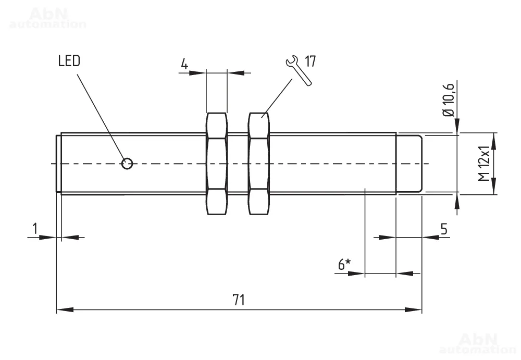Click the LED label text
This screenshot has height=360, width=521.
[69, 61]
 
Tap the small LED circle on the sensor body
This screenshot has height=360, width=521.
[127, 164]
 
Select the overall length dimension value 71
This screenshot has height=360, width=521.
[239, 300]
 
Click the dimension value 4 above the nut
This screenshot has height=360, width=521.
[184, 65]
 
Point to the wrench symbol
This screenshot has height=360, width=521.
[299, 71]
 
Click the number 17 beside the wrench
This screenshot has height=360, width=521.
[311, 61]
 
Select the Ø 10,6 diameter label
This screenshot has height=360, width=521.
[449, 99]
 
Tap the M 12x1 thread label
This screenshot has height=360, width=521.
[484, 164]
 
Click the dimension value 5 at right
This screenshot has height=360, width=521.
[444, 229]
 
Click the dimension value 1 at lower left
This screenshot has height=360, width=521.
[35, 228]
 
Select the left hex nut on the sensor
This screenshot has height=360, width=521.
[217, 164]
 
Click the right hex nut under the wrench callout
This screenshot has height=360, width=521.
[259, 164]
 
